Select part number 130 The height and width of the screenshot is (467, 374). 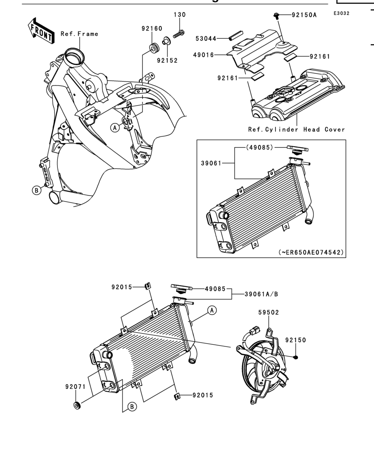click(x=180, y=15)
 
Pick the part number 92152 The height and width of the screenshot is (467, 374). click(x=167, y=60)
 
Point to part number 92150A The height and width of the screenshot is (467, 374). click(x=304, y=15)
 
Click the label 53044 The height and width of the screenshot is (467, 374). click(x=206, y=39)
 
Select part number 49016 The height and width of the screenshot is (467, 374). click(x=204, y=55)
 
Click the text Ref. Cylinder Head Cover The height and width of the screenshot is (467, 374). click(x=297, y=130)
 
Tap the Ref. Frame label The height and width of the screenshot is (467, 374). click(x=79, y=34)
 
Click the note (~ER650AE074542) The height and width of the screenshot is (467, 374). click(x=311, y=252)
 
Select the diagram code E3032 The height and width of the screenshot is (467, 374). click(x=341, y=13)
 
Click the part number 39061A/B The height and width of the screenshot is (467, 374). click(x=262, y=294)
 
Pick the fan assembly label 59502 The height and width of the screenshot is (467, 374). click(x=268, y=313)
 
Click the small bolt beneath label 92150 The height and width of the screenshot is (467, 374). click(x=296, y=357)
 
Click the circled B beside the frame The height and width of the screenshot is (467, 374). click(x=37, y=190)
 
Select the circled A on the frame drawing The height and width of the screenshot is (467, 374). click(x=115, y=128)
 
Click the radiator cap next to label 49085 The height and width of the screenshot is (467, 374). click(x=181, y=288)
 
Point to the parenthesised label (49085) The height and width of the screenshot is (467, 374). click(x=260, y=148)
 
